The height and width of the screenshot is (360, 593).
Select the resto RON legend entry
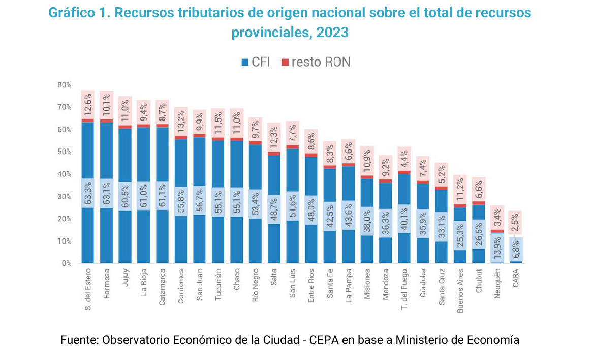point(316,62)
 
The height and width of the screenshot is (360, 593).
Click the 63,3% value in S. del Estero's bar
point(88,193)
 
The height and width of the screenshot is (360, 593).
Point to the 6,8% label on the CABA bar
point(515,250)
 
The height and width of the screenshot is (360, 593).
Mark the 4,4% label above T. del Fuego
point(404,159)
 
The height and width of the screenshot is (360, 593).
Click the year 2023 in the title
point(332,33)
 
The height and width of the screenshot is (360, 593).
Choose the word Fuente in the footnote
point(78,340)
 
